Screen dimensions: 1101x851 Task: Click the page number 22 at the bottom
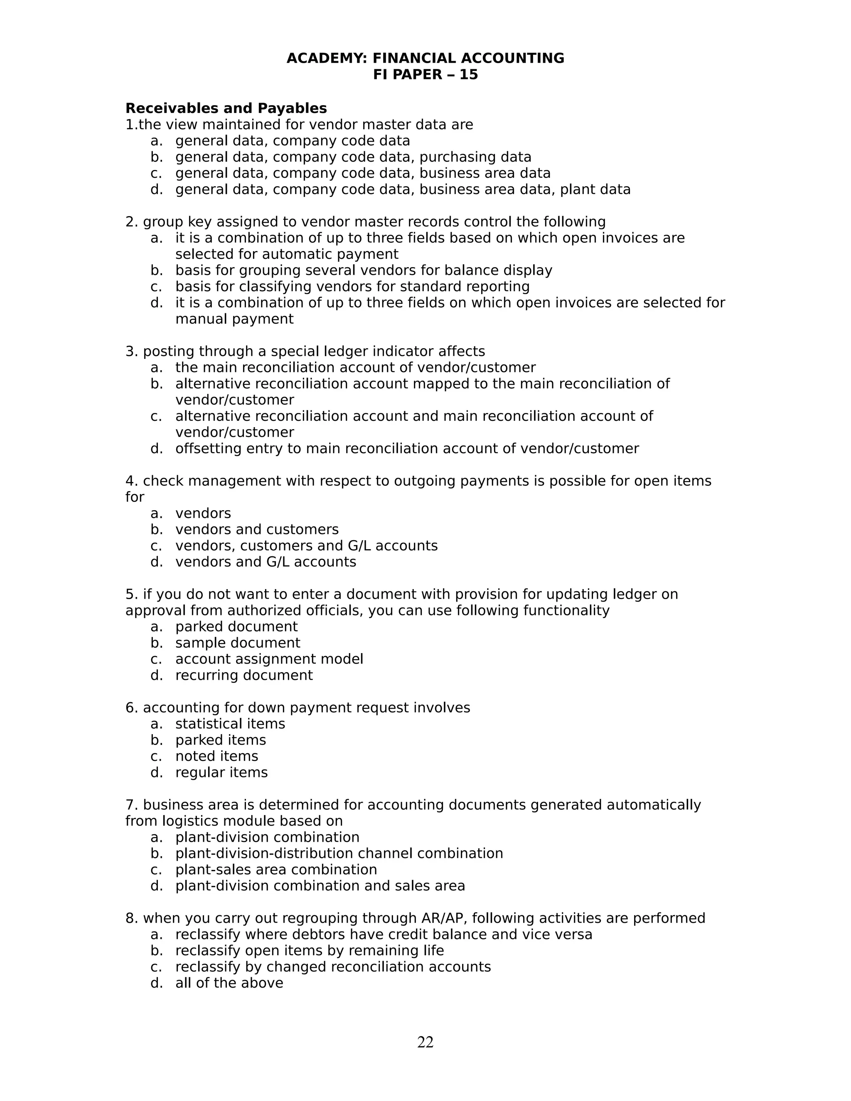coord(425,1042)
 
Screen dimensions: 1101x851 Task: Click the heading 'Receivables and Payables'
coord(226,108)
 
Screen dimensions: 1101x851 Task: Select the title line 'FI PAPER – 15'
coord(425,75)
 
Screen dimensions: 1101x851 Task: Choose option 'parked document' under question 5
coord(236,627)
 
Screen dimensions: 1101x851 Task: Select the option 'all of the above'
coord(229,983)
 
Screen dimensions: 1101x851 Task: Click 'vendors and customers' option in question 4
coord(257,529)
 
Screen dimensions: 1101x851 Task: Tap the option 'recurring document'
coord(244,675)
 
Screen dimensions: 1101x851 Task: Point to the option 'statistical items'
coord(230,724)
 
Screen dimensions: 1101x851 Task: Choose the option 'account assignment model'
coord(269,659)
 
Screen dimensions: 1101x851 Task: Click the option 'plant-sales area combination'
coord(276,870)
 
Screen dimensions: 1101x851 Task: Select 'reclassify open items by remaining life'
coord(310,950)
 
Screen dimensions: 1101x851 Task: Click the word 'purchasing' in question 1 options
coord(450,157)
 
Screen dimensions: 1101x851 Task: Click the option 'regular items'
coord(221,772)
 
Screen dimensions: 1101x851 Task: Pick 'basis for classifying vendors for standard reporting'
coord(352,286)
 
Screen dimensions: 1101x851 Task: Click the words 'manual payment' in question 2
coord(234,319)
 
